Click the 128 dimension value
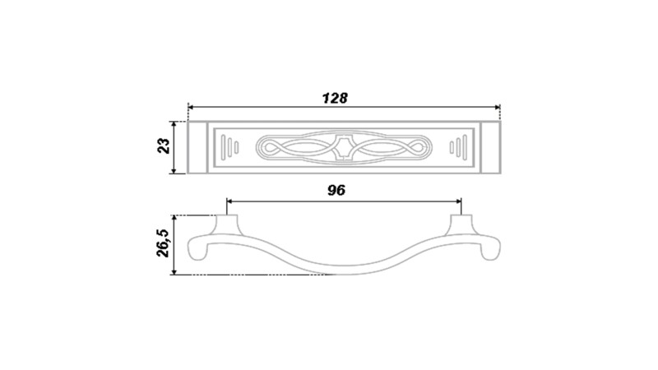click(x=335, y=98)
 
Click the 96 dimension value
click(x=336, y=191)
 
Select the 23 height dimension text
click(x=164, y=146)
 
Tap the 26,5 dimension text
click(x=162, y=243)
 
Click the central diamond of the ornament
click(x=344, y=147)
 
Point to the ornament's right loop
click(x=418, y=147)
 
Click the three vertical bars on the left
click(x=230, y=147)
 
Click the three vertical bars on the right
click(x=458, y=147)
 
